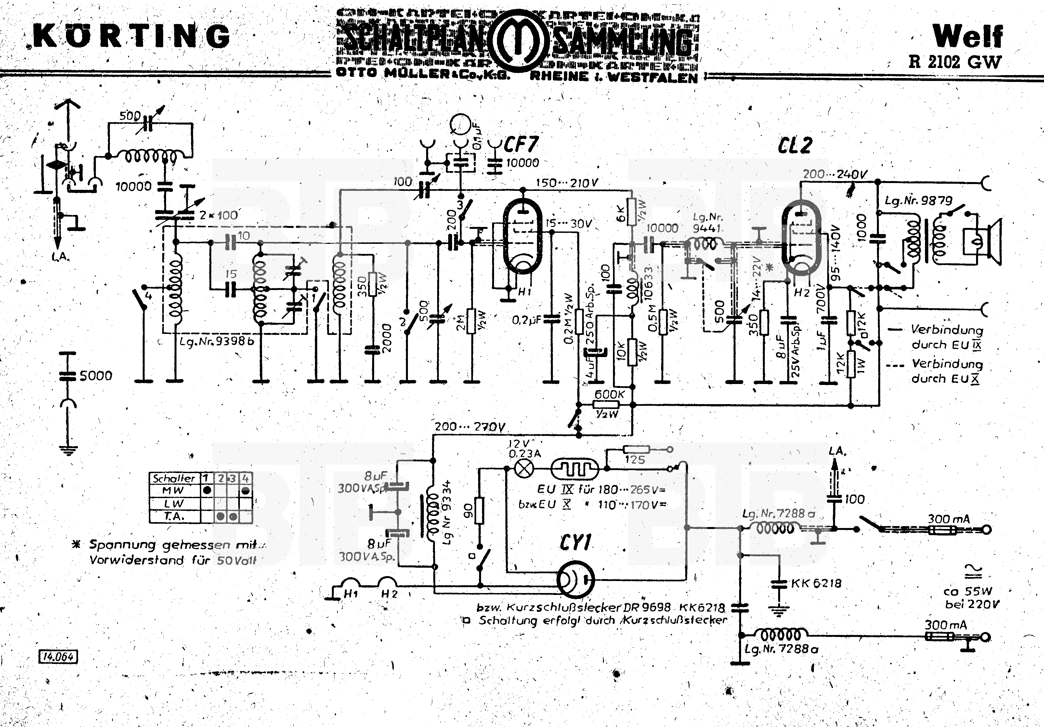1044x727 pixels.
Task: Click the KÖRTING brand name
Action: pyautogui.click(x=132, y=36)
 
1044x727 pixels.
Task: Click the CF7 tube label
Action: pyautogui.click(x=521, y=145)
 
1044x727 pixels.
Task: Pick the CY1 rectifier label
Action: pyautogui.click(x=575, y=543)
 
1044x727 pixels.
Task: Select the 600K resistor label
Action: pyautogui.click(x=609, y=394)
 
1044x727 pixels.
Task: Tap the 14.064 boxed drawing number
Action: pyautogui.click(x=58, y=656)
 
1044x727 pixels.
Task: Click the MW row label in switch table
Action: pyautogui.click(x=174, y=490)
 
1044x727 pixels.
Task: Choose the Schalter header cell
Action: pyautogui.click(x=174, y=478)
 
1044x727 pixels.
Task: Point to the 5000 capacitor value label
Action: pyautogui.click(x=96, y=376)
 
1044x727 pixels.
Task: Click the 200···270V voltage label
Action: pyautogui.click(x=469, y=427)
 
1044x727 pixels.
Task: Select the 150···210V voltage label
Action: pyautogui.click(x=567, y=183)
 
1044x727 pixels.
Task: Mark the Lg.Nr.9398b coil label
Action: pyautogui.click(x=217, y=341)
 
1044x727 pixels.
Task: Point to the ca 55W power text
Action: pyautogui.click(x=968, y=591)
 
